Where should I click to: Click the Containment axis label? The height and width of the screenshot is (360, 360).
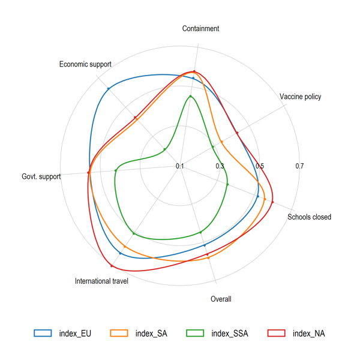[200, 28]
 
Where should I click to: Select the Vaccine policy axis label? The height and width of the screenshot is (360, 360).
[300, 97]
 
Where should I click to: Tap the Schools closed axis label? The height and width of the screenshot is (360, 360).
[309, 217]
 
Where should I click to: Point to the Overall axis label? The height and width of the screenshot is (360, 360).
[221, 299]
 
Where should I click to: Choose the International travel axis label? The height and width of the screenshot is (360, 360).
[101, 281]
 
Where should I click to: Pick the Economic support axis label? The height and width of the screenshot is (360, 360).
[85, 64]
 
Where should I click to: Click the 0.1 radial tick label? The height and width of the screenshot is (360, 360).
[180, 166]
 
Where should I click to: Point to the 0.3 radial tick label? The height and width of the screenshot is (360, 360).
[220, 166]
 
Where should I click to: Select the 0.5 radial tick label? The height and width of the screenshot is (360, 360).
[260, 166]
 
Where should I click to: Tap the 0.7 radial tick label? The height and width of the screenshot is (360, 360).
[299, 166]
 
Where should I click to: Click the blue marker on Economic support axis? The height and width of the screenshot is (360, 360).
[109, 89]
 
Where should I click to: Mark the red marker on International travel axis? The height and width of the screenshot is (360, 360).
[112, 265]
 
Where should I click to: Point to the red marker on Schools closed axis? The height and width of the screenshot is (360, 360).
[272, 202]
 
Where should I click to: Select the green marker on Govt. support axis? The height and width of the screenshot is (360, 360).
[116, 171]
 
